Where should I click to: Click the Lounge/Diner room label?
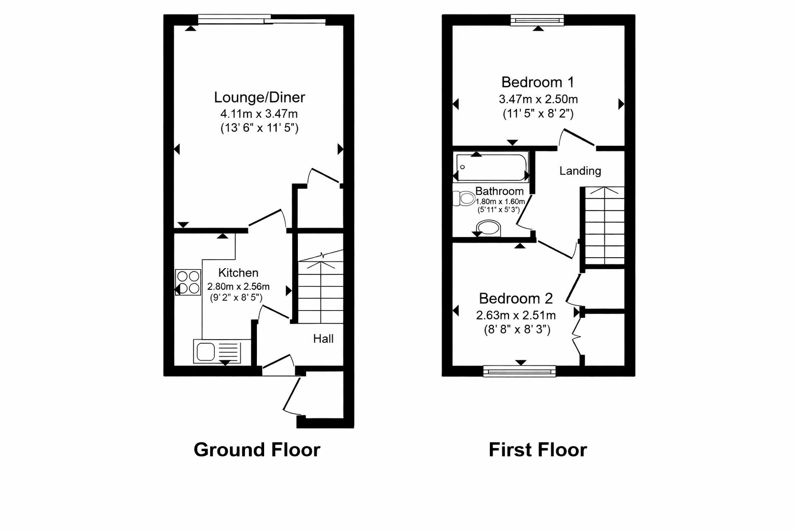tap(259, 97)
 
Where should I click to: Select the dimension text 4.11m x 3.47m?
tap(259, 114)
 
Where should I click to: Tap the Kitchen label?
tap(238, 273)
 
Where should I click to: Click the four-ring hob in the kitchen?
tap(188, 282)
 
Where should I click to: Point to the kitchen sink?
tap(217, 352)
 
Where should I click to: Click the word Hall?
tap(323, 339)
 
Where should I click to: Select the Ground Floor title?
tap(257, 450)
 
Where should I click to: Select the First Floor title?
tap(538, 450)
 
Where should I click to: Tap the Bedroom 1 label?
tap(538, 82)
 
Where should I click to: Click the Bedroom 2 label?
tap(516, 299)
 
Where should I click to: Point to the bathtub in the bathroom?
tap(491, 167)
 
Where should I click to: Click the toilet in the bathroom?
tap(464, 198)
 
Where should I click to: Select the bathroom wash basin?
tap(488, 228)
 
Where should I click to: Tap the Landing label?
tap(580, 171)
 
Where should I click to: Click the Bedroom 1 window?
tap(537, 20)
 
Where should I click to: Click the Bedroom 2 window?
tap(519, 371)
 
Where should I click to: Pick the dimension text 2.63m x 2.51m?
tap(516, 315)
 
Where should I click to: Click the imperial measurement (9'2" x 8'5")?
tap(236, 298)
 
